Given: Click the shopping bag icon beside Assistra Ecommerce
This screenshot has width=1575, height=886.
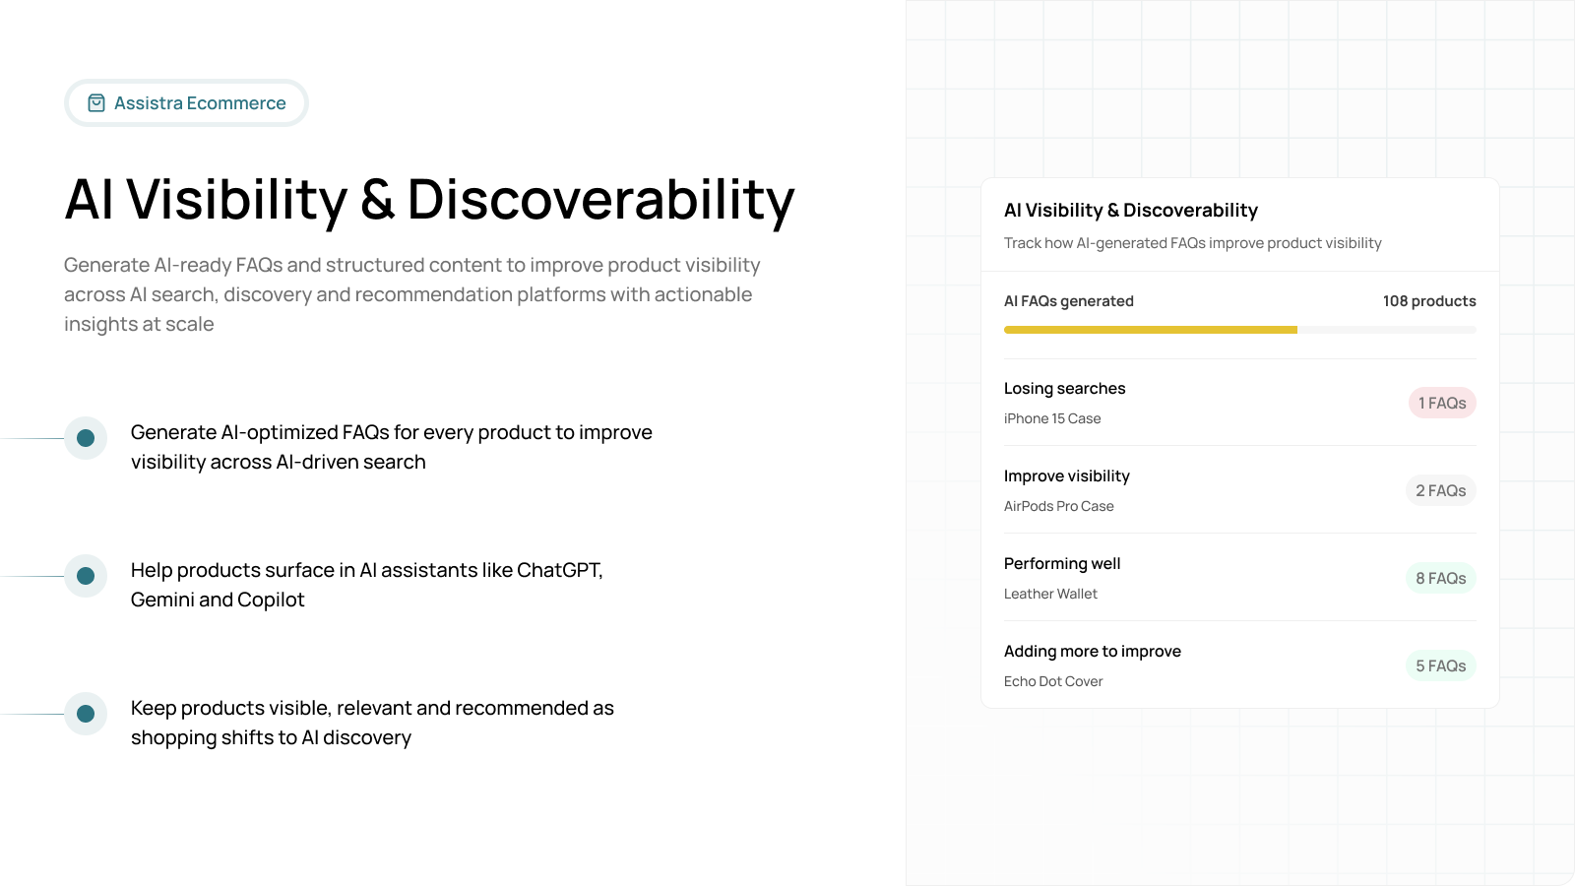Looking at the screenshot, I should pos(96,103).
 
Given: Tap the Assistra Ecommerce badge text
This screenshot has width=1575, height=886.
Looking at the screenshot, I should pos(200,103).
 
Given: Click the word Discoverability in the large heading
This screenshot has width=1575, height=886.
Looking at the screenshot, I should pos(600,200).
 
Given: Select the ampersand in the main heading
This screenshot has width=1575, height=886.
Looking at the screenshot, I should pos(377,200).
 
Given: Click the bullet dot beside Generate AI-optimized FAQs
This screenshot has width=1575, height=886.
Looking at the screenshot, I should pos(86,438).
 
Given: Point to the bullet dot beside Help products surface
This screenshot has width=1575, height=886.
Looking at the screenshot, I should pos(86,576).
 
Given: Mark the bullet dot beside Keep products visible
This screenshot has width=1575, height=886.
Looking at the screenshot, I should pos(86,714).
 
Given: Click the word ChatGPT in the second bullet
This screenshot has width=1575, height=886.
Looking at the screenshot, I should pos(558,570).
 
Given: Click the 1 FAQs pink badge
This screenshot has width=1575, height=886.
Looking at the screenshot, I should pos(1442,403).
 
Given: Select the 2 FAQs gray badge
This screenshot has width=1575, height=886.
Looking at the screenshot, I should pos(1440,490).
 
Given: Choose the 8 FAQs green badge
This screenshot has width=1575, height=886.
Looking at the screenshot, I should pos(1440,578).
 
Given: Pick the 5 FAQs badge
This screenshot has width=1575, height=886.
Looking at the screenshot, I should pos(1440,665).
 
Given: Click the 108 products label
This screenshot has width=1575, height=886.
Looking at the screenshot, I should pos(1428,301).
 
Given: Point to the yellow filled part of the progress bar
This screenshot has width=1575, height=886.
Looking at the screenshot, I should pos(1150,330).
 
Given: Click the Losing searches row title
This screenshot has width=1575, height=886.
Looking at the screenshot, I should pos(1064,389).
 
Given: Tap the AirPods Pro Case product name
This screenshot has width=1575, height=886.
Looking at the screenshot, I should pos(1058,506).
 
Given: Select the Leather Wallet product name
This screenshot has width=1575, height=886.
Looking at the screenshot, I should pos(1050,594).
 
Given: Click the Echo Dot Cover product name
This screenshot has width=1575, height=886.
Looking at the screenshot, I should pos(1053,681).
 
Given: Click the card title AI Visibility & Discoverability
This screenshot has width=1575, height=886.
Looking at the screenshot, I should pos(1130,211).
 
